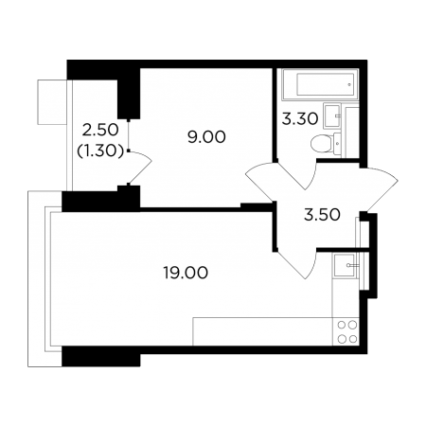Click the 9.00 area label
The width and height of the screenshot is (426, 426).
206,137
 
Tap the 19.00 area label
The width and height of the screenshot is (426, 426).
186,273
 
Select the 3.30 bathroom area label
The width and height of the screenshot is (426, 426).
300,119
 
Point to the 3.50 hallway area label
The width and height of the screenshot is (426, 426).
322,215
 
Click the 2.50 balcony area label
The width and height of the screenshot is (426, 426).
100,130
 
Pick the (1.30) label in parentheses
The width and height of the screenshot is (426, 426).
100,151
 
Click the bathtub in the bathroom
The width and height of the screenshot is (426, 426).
321,84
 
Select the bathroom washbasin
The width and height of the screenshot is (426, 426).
332,116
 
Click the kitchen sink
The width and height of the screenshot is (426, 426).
346,266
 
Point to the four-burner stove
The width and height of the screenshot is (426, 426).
346,331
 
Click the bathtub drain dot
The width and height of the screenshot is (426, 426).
349,84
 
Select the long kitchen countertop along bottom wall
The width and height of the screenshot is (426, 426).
262,331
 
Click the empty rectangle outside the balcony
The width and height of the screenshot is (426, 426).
52,102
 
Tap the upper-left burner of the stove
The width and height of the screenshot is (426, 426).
342,325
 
